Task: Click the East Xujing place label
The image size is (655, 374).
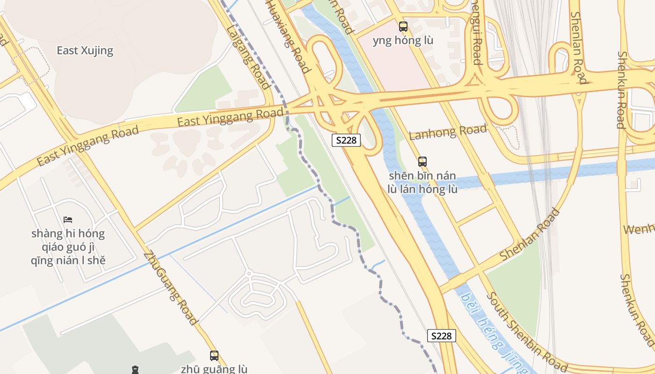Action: point(85,50)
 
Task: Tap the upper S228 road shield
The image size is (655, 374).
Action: point(346,140)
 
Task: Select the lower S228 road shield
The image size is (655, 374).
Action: point(441,336)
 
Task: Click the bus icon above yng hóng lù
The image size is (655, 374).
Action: point(403,27)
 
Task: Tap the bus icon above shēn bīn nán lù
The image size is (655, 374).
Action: point(422,162)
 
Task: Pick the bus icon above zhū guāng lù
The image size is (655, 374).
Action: point(214,355)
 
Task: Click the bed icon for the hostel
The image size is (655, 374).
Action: point(68,219)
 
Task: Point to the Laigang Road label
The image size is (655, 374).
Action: point(248,57)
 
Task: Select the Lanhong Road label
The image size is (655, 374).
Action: point(448,132)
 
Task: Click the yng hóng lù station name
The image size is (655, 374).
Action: point(403,41)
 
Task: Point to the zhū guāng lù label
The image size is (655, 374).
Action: point(214,369)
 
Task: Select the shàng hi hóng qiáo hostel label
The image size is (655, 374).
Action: point(68,247)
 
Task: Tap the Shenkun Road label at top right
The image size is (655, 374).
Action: point(621,89)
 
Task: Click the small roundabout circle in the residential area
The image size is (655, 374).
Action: point(249,273)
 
